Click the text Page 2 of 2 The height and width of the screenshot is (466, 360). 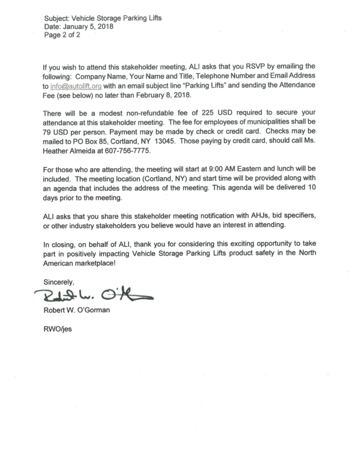[x=62, y=35]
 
